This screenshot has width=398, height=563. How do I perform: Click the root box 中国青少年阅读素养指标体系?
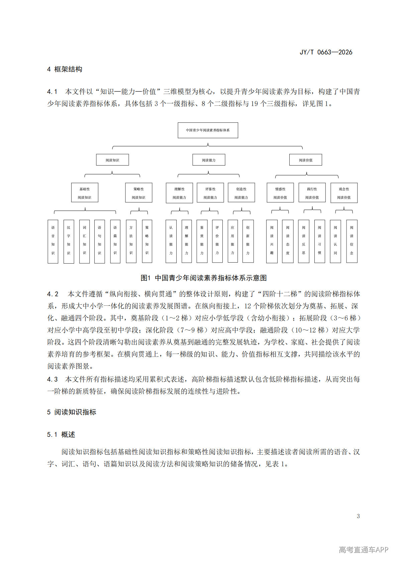(208, 130)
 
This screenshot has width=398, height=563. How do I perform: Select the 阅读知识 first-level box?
(112, 160)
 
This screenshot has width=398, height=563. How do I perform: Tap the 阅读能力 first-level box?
(209, 160)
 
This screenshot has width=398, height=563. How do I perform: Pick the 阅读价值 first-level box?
(306, 160)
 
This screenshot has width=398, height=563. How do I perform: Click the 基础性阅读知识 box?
(85, 193)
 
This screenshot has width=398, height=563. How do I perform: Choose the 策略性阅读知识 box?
(138, 193)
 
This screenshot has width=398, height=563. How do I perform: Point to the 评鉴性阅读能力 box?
(210, 193)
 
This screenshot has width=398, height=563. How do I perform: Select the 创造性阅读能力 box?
(241, 193)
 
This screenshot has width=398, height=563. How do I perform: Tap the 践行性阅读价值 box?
(312, 193)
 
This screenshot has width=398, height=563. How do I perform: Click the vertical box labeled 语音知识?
(53, 241)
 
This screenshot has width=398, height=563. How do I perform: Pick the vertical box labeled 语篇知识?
(115, 241)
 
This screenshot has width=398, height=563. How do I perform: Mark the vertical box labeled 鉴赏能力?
(202, 241)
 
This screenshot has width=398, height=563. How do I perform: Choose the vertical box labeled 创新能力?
(248, 241)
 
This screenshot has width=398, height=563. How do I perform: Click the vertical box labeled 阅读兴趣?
(272, 241)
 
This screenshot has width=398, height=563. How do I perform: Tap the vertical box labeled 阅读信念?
(352, 241)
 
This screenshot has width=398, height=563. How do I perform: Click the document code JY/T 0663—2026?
(326, 52)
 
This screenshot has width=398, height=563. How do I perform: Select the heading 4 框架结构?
(65, 69)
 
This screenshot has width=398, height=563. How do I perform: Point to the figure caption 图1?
(204, 278)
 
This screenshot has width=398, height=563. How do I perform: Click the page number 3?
(358, 516)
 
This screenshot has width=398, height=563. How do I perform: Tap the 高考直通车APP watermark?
(364, 550)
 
